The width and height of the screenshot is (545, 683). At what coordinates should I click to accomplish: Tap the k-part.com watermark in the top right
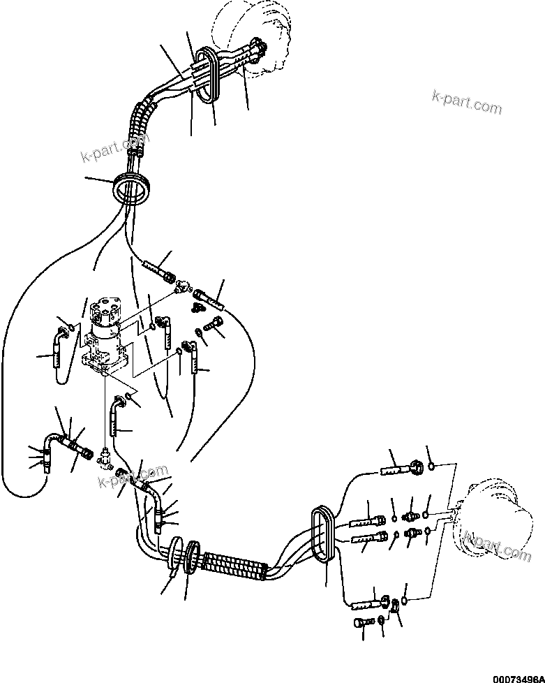466,102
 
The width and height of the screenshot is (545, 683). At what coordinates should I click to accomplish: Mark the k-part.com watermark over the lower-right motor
497,545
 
